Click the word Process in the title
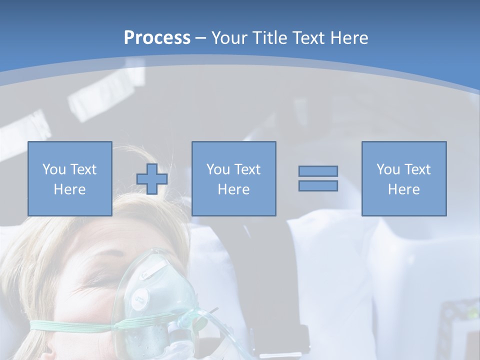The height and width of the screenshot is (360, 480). [157, 38]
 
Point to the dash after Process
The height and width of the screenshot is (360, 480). [200, 38]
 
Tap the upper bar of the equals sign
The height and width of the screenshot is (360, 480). [318, 171]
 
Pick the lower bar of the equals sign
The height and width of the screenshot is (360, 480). [318, 185]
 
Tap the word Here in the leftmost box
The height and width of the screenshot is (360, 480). [69, 189]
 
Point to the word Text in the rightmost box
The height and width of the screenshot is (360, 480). [418, 169]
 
